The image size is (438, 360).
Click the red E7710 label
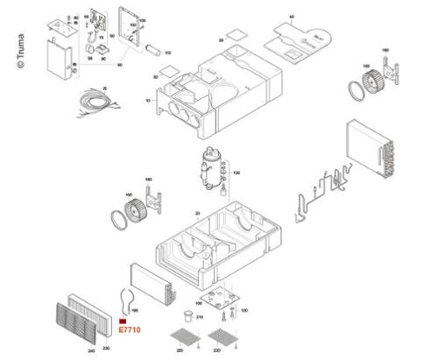[x=128, y=329]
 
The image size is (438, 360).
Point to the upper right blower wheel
[x=376, y=78]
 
